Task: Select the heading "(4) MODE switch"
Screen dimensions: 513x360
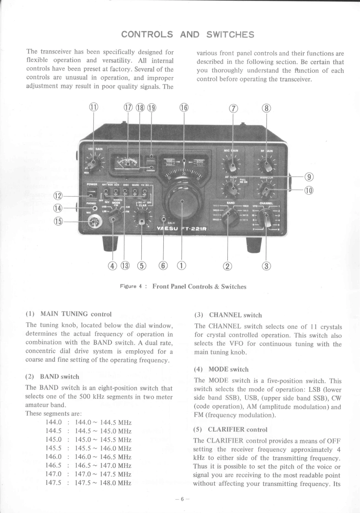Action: [222, 369]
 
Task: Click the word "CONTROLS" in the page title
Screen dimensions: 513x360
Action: [147, 34]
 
